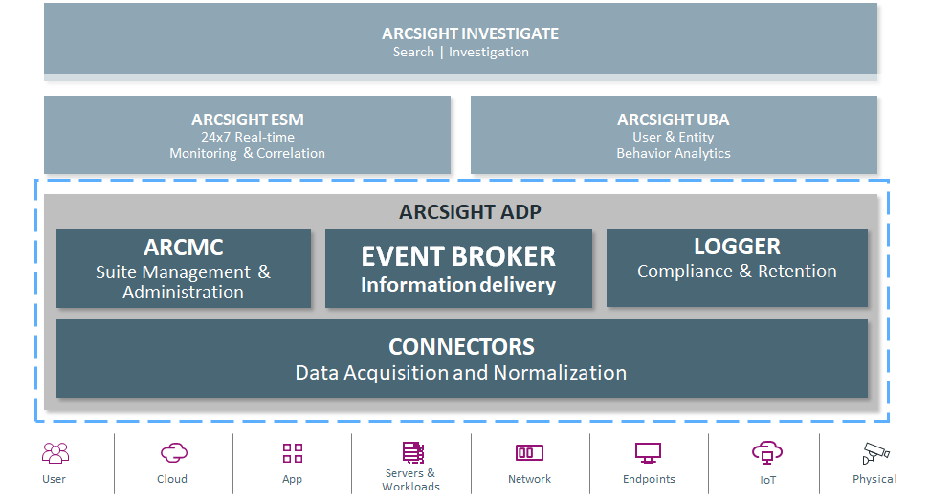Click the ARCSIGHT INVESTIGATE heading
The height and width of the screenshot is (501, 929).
pyautogui.click(x=470, y=33)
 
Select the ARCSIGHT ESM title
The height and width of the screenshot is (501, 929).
pyautogui.click(x=248, y=120)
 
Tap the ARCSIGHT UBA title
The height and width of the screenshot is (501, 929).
pyautogui.click(x=673, y=120)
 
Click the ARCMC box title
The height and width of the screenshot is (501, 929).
pyautogui.click(x=184, y=248)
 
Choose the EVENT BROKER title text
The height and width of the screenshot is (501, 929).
pyautogui.click(x=458, y=256)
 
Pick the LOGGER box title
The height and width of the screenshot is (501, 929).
pyautogui.click(x=737, y=247)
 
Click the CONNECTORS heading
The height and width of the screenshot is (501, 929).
pyautogui.click(x=461, y=347)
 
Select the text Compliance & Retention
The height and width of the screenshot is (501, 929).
pyautogui.click(x=737, y=272)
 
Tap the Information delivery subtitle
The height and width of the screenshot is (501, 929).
pyautogui.click(x=458, y=285)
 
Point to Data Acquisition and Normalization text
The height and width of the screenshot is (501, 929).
pyautogui.click(x=461, y=373)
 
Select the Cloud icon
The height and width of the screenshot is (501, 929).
pyautogui.click(x=173, y=453)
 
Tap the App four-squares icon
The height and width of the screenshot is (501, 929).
pyautogui.click(x=293, y=453)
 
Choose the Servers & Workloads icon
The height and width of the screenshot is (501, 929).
pyautogui.click(x=412, y=452)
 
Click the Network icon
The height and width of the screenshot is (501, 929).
pyautogui.click(x=529, y=453)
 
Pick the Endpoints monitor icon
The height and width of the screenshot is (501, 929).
pyautogui.click(x=649, y=453)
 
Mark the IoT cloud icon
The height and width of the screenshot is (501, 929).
pyautogui.click(x=767, y=452)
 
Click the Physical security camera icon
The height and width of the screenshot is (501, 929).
pyautogui.click(x=874, y=453)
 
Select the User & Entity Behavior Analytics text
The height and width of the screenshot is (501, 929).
pyautogui.click(x=673, y=145)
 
